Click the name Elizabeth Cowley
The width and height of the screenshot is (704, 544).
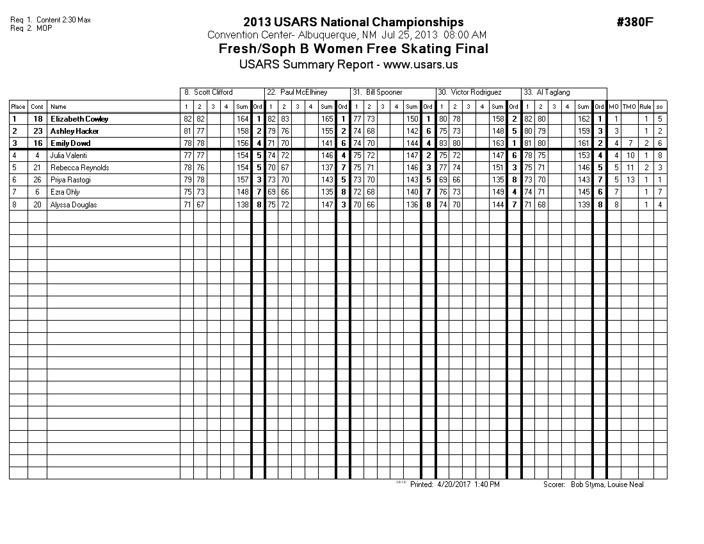click(79, 119)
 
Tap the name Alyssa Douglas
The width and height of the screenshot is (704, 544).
click(74, 204)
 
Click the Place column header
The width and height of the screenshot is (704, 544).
click(18, 107)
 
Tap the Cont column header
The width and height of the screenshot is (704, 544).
click(37, 107)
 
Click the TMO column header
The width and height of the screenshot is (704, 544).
click(629, 107)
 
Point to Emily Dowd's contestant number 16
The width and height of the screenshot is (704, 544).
click(37, 143)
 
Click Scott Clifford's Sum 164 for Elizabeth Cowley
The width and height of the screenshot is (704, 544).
click(242, 119)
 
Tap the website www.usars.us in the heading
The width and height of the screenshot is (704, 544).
click(420, 65)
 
